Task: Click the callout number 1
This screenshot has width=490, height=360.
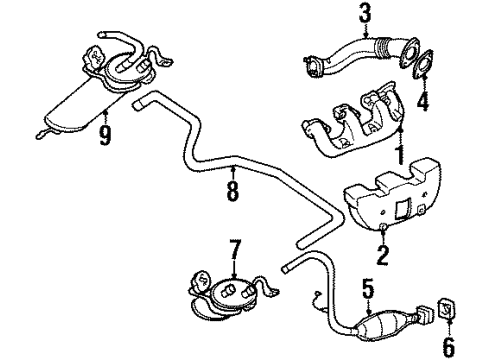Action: coord(399,157)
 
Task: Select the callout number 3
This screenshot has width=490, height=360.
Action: coord(336,14)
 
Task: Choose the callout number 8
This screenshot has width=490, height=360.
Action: coord(232,188)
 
